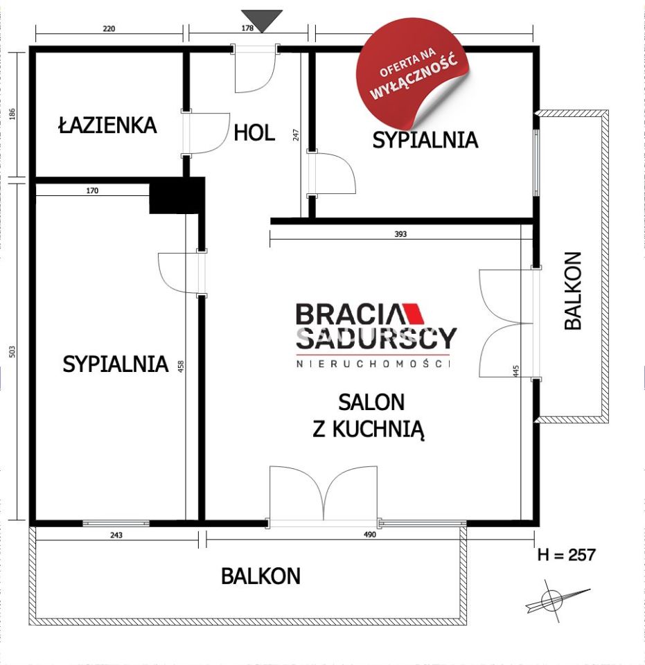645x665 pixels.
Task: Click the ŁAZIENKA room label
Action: click(x=107, y=125)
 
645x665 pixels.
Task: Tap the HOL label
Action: click(x=254, y=132)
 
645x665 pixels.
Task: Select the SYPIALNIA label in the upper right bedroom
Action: click(x=425, y=140)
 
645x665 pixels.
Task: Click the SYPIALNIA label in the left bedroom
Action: click(x=116, y=364)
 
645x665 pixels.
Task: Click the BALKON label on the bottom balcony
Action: click(x=260, y=576)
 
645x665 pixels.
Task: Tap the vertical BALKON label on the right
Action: click(x=573, y=290)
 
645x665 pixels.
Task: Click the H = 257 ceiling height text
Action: click(x=567, y=555)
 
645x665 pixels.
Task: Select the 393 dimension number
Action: click(x=400, y=234)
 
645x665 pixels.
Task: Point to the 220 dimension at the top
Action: click(x=109, y=29)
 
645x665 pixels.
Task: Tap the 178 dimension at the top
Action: click(x=249, y=29)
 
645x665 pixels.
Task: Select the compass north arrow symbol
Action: click(x=552, y=599)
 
